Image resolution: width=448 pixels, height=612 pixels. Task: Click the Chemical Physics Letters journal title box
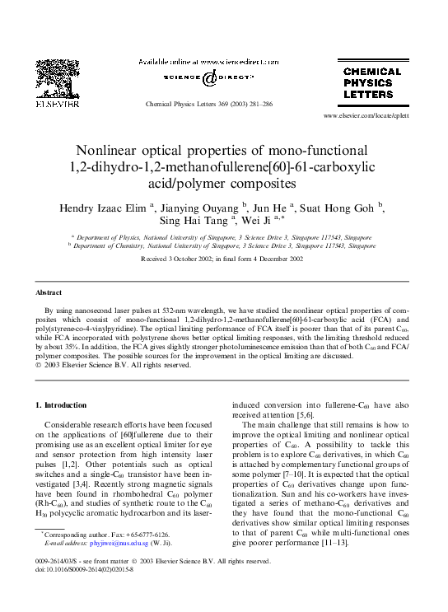coord(371,82)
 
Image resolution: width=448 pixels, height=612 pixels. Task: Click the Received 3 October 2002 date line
coord(224,259)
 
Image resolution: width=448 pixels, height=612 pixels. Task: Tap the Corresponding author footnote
coord(115,534)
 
